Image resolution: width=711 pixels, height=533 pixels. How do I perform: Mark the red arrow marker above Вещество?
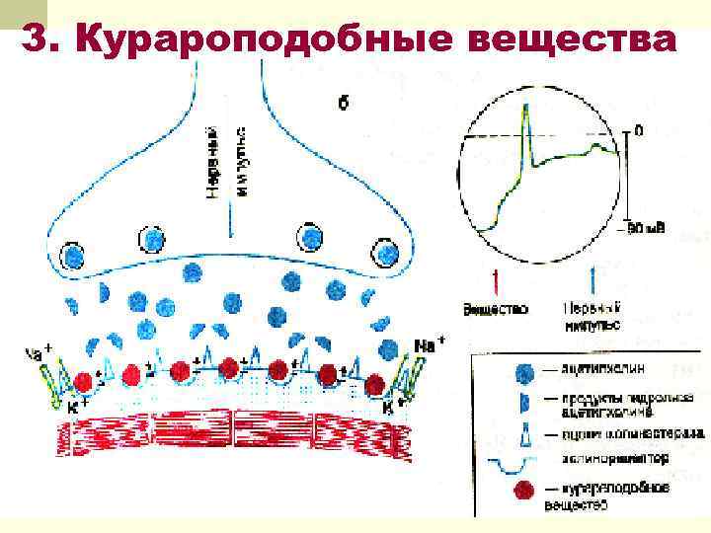[494, 280]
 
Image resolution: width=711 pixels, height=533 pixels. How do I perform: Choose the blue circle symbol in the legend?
[524, 369]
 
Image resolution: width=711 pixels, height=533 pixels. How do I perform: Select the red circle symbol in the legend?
[524, 490]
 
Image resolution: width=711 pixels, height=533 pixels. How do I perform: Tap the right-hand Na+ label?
[427, 344]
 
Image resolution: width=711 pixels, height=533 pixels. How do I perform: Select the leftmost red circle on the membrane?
[85, 381]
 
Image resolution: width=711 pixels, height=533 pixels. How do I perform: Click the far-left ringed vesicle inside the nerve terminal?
[73, 256]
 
